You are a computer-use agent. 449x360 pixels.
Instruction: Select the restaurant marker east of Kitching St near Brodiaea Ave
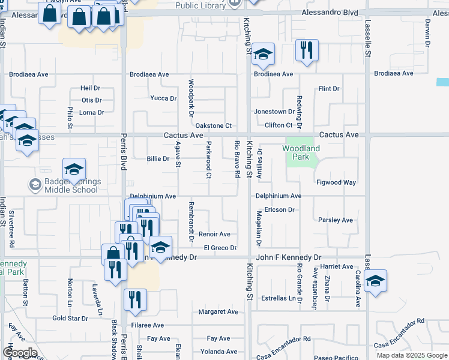click(307, 52)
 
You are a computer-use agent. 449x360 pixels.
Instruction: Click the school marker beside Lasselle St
click(375, 281)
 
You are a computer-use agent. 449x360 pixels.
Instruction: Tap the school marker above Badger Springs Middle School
click(74, 170)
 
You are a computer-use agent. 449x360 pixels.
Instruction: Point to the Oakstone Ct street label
click(214, 125)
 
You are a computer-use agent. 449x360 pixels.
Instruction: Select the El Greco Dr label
click(220, 248)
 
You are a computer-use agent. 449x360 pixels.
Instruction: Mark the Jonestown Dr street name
click(274, 112)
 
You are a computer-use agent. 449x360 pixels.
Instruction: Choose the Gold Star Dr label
click(70, 319)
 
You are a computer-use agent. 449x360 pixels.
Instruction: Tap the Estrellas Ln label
click(280, 298)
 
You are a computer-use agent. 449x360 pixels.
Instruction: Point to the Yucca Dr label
click(163, 98)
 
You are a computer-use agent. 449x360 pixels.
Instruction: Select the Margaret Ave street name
click(218, 312)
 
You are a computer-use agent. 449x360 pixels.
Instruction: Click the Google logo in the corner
click(19, 353)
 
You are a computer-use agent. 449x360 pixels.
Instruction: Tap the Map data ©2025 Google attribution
click(412, 355)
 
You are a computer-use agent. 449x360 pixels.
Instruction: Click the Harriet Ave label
click(337, 266)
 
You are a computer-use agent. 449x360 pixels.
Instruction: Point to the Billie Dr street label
click(158, 159)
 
